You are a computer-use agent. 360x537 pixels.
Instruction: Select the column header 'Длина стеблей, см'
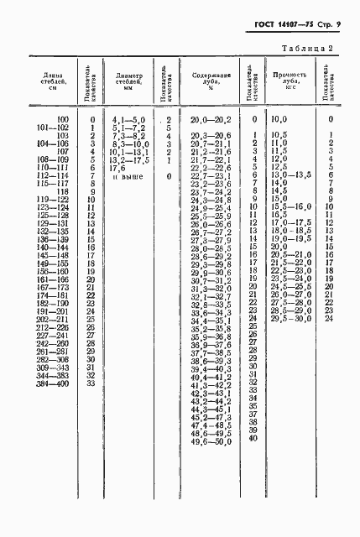[45, 83]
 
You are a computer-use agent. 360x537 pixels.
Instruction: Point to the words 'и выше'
[128, 176]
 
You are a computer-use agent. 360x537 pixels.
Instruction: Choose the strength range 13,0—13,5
[290, 175]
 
